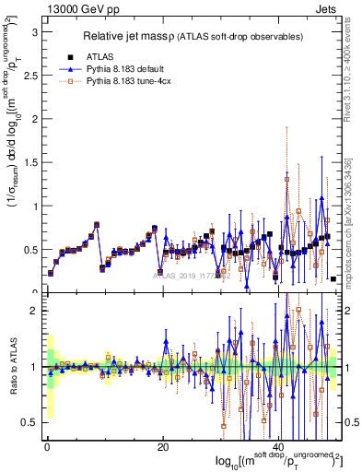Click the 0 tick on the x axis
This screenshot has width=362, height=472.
(x=46, y=445)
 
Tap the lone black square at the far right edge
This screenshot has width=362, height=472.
(x=333, y=278)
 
